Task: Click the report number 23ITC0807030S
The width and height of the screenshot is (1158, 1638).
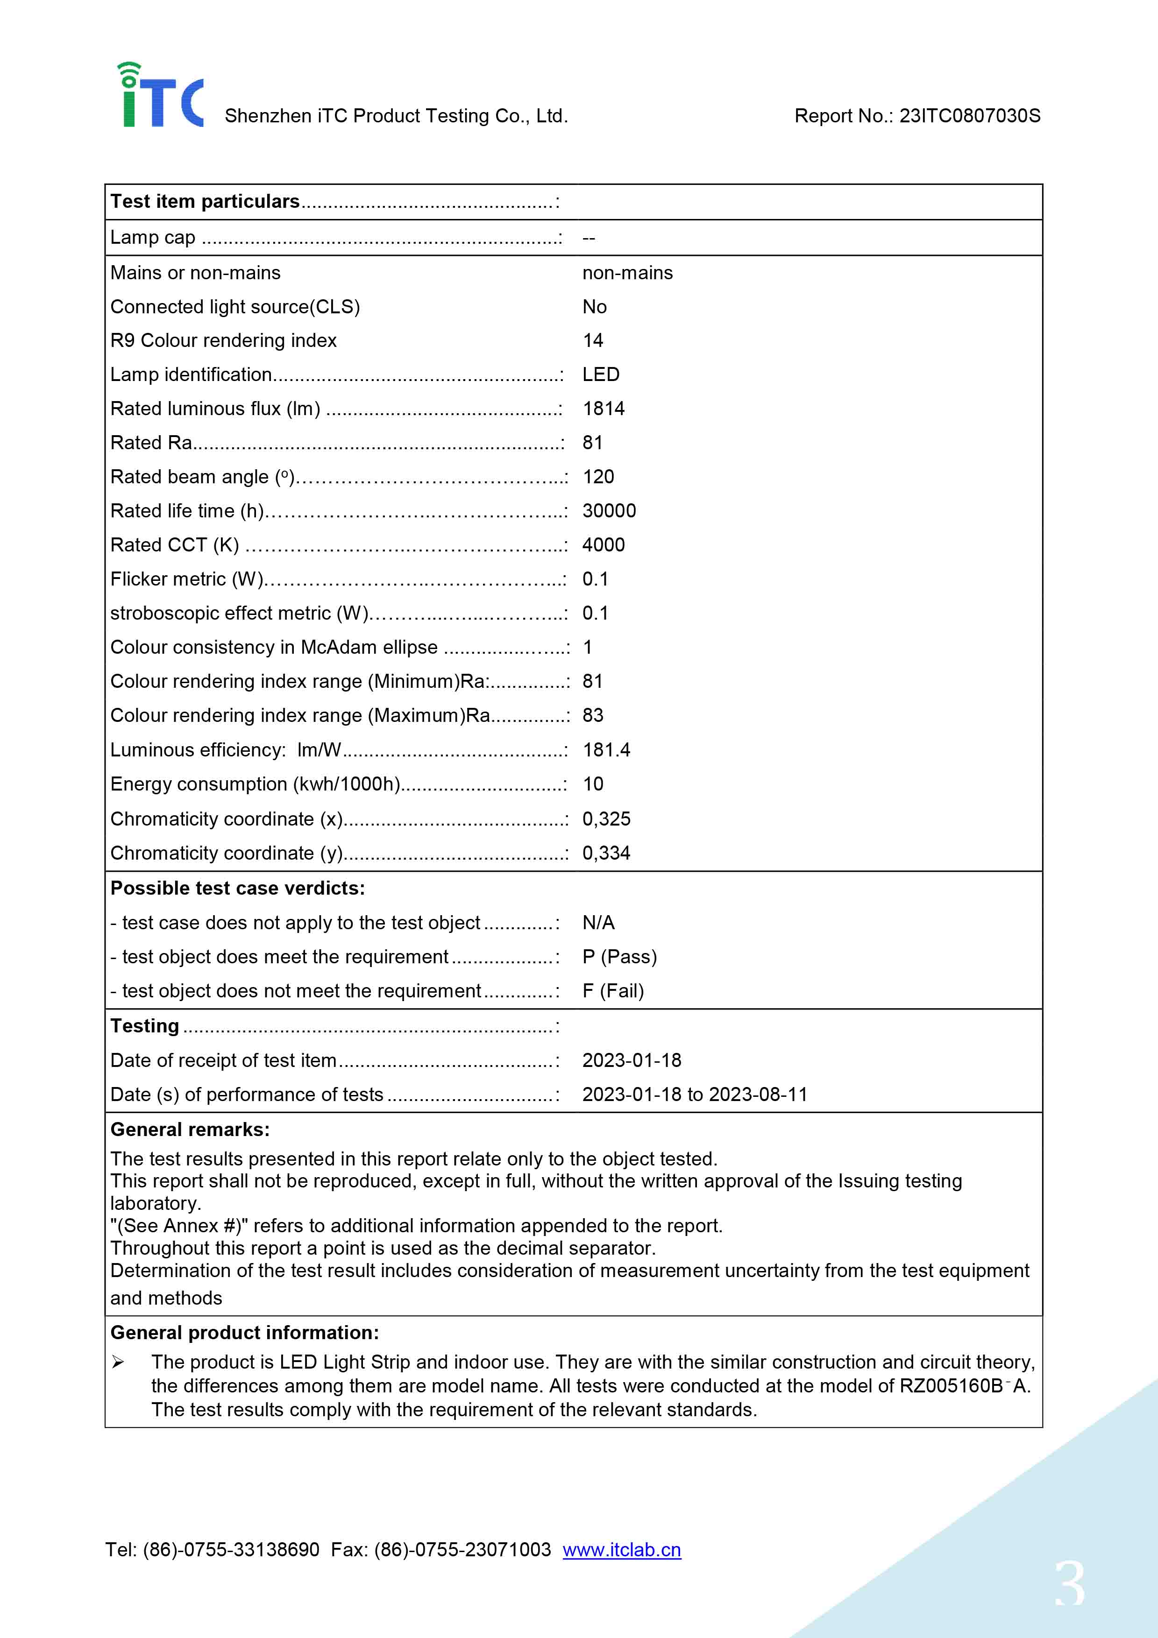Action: click(969, 116)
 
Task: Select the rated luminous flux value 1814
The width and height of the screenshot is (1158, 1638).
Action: click(604, 409)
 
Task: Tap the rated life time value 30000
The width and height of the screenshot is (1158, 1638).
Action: click(609, 511)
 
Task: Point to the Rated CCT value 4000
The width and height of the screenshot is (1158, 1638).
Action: click(604, 545)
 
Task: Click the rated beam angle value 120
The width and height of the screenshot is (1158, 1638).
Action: click(598, 477)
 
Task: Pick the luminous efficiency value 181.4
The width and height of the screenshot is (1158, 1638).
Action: click(606, 750)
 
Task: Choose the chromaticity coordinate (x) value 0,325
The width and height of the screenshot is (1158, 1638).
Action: click(606, 819)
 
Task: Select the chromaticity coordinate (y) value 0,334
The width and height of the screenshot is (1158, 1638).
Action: click(606, 853)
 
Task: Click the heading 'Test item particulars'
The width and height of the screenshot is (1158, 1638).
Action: click(205, 202)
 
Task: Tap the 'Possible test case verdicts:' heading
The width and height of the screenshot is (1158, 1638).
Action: click(238, 888)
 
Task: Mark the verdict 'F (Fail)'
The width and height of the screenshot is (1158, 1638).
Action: click(613, 991)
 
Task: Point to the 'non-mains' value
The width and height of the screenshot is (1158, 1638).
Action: click(627, 273)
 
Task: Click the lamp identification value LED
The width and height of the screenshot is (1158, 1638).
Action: click(601, 374)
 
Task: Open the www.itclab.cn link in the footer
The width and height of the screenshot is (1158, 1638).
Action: click(621, 1550)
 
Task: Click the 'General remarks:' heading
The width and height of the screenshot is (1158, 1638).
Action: click(190, 1130)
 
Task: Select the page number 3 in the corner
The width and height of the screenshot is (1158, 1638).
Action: click(1070, 1584)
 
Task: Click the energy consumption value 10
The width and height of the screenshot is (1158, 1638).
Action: click(593, 784)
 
